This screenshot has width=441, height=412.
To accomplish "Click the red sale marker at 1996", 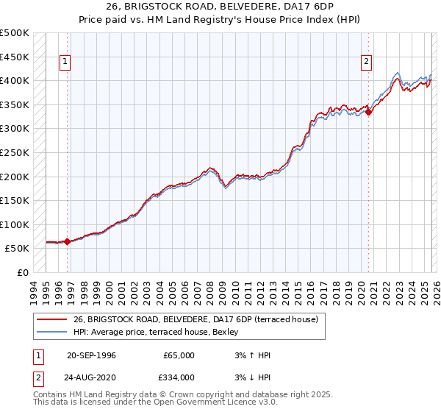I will point(67,241).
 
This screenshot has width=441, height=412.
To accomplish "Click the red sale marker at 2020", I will point(368,113).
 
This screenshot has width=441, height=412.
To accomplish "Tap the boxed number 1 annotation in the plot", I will point(65,63).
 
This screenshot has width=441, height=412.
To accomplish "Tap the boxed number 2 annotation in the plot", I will point(366,63).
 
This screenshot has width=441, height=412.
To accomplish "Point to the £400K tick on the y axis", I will point(15,80).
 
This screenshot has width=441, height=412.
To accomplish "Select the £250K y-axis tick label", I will point(15,152).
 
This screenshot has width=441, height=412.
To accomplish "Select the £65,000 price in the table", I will point(177,355).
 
